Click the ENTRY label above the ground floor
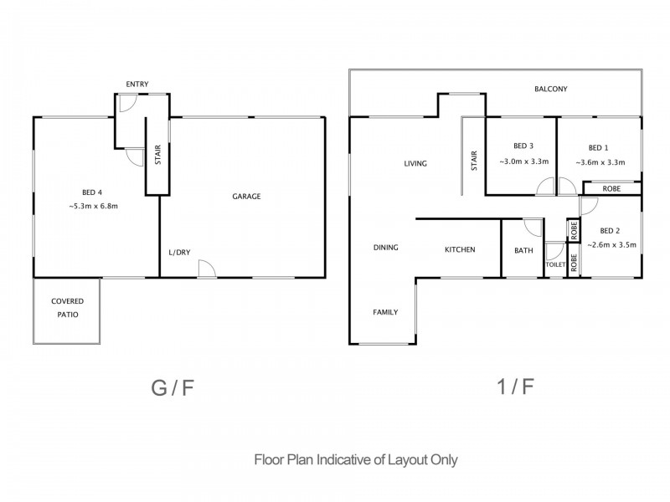(x=137, y=85)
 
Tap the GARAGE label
(x=246, y=197)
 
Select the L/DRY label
(x=179, y=253)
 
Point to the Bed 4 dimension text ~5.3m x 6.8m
(x=93, y=206)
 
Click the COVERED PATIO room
(x=67, y=310)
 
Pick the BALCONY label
(x=551, y=89)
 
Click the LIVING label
(x=415, y=163)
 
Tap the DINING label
(x=386, y=248)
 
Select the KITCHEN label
(x=460, y=249)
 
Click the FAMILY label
(x=385, y=312)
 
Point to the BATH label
(x=523, y=250)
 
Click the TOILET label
(x=555, y=264)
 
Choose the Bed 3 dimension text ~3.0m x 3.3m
(x=524, y=161)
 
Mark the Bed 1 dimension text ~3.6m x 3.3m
(x=600, y=162)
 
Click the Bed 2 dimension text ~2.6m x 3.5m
(x=612, y=245)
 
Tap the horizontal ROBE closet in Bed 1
(x=612, y=188)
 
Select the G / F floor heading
(x=173, y=388)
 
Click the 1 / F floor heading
(x=515, y=387)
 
